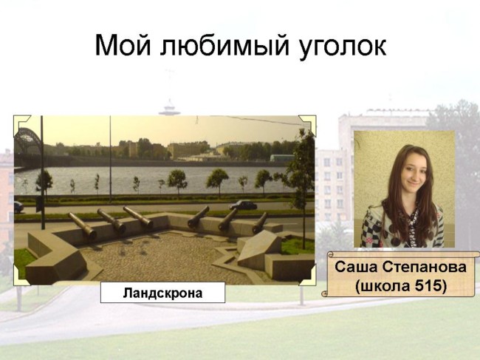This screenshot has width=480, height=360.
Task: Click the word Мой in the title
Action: pyautogui.click(x=123, y=46)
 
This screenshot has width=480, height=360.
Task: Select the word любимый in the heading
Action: pyautogui.click(x=224, y=46)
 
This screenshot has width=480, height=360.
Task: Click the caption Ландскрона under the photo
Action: pyautogui.click(x=162, y=293)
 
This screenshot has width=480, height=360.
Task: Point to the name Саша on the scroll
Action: pyautogui.click(x=356, y=267)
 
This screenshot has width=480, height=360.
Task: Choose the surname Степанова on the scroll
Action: pyautogui.click(x=424, y=267)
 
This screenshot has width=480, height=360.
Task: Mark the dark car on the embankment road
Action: pyautogui.click(x=244, y=205)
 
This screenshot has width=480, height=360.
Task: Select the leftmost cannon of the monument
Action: pyautogui.click(x=83, y=225)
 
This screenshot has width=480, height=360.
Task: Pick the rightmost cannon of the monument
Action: pyautogui.click(x=260, y=223)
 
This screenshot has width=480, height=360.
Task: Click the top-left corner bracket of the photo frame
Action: pyautogui.click(x=20, y=123)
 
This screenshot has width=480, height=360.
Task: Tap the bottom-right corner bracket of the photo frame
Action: pyautogui.click(x=309, y=276)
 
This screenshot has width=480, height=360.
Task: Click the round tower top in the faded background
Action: pyautogui.click(x=169, y=110)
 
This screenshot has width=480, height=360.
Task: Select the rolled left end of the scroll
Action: pyautogui.click(x=326, y=274)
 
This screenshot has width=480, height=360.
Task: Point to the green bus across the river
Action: pyautogui.click(x=282, y=158)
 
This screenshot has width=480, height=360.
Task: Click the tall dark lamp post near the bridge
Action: pyautogui.click(x=43, y=172)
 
